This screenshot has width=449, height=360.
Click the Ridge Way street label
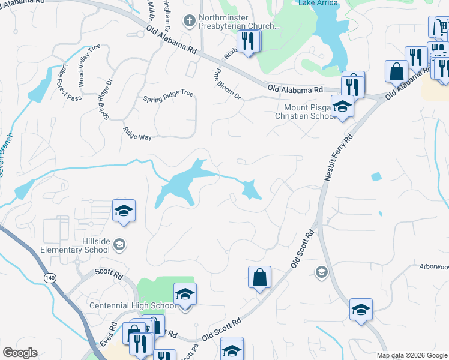click(137, 133)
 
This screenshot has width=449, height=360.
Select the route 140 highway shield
click(49, 277)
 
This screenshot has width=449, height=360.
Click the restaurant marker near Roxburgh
click(247, 41)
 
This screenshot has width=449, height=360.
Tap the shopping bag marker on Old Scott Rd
click(259, 277)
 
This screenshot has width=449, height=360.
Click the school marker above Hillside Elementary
click(124, 211)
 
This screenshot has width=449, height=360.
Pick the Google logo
click(20, 353)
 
